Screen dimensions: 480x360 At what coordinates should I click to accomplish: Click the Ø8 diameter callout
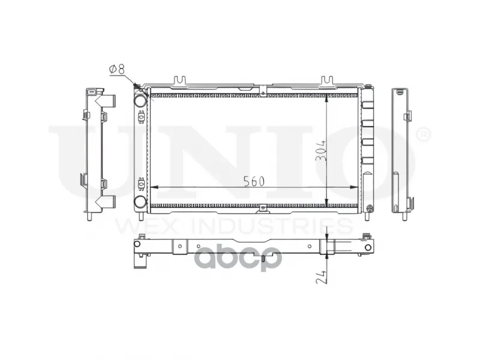click(117, 69)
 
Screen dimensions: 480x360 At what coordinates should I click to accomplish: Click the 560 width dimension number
click(254, 182)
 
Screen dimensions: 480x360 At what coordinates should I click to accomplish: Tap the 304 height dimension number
click(320, 151)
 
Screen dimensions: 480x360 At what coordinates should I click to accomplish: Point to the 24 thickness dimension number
click(321, 277)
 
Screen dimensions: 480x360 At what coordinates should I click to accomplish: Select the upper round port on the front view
click(140, 100)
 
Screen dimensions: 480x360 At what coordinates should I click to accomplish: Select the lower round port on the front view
click(140, 202)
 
